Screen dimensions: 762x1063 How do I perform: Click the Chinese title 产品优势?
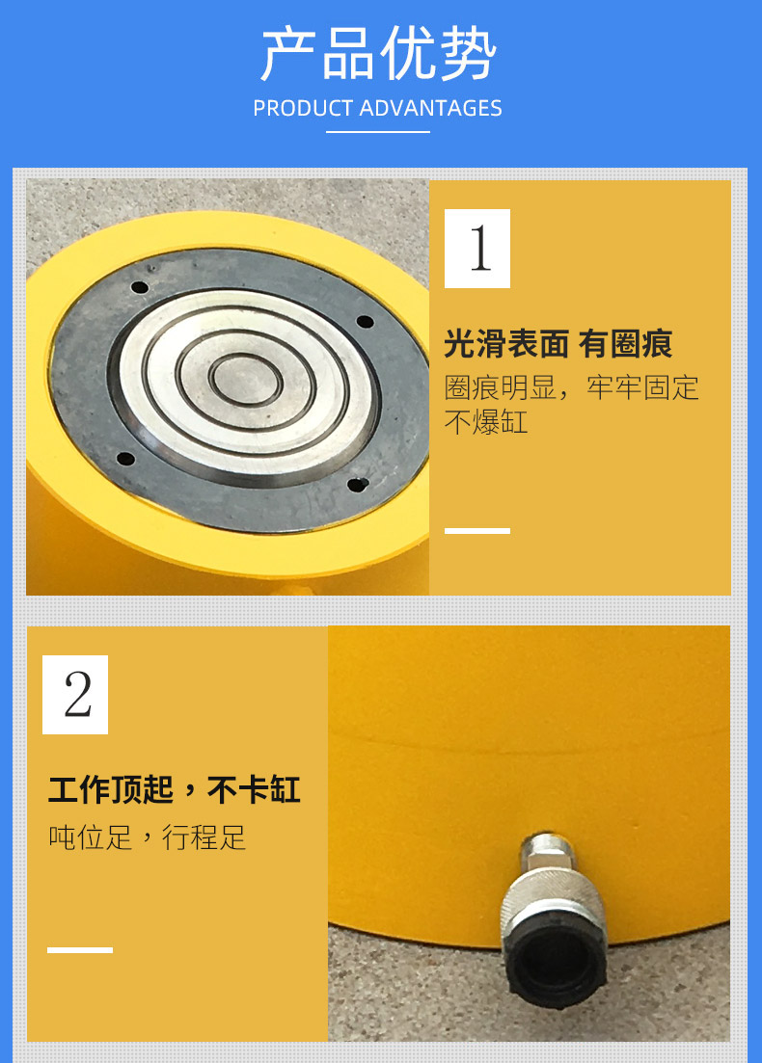(x=379, y=54)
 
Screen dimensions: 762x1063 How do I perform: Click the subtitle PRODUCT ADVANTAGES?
(x=377, y=108)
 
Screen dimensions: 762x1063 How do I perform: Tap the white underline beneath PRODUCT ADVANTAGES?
(x=378, y=131)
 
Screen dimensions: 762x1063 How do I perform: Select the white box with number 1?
(x=477, y=249)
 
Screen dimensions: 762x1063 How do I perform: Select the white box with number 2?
(x=75, y=695)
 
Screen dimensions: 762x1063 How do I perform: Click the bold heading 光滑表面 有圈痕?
(x=558, y=344)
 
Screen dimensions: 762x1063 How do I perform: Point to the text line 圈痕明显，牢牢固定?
(x=571, y=387)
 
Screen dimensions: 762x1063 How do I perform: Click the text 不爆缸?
(x=486, y=422)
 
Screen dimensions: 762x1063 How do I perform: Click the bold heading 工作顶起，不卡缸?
(x=175, y=790)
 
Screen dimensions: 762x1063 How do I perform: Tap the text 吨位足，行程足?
(x=147, y=837)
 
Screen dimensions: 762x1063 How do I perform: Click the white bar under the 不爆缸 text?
(x=477, y=531)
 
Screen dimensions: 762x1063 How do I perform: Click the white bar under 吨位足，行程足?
(x=80, y=950)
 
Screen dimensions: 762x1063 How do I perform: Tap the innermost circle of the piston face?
(x=246, y=380)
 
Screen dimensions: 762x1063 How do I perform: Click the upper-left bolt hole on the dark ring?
(x=140, y=287)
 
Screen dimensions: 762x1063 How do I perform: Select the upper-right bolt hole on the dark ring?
(x=365, y=321)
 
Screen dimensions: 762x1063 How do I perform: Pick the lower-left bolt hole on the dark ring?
(x=125, y=459)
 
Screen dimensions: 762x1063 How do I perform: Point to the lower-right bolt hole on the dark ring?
(x=358, y=484)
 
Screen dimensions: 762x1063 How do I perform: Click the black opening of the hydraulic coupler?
(x=557, y=964)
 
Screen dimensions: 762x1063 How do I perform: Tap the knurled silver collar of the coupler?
(x=553, y=895)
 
